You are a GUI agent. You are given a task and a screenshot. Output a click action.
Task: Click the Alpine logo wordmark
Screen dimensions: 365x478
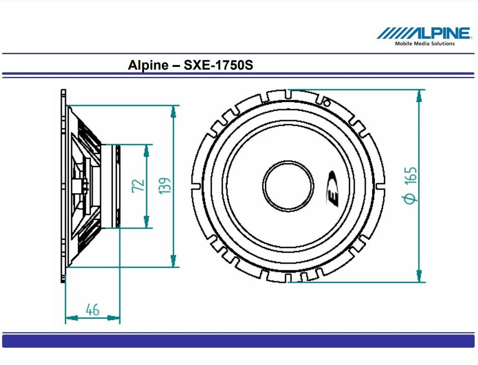[424, 33]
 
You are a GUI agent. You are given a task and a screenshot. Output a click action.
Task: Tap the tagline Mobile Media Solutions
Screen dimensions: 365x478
[424, 44]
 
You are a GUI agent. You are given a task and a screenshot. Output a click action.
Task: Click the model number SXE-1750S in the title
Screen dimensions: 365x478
[218, 65]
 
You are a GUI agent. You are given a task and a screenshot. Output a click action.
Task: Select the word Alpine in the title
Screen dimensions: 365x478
[148, 65]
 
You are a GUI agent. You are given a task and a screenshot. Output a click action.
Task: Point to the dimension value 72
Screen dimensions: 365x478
[138, 186]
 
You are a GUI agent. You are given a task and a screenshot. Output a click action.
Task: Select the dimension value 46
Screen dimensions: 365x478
[93, 310]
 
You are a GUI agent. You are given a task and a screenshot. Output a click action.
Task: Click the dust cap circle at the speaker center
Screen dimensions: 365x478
[288, 186]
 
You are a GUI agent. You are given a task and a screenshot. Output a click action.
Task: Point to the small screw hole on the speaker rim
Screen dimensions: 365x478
[326, 101]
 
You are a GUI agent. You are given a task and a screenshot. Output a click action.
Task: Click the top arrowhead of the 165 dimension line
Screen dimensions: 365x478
[419, 95]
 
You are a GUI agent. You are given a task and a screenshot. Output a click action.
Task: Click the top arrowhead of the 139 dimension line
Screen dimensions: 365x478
[174, 111]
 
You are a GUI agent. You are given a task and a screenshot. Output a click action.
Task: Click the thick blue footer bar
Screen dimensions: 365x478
[238, 341]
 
